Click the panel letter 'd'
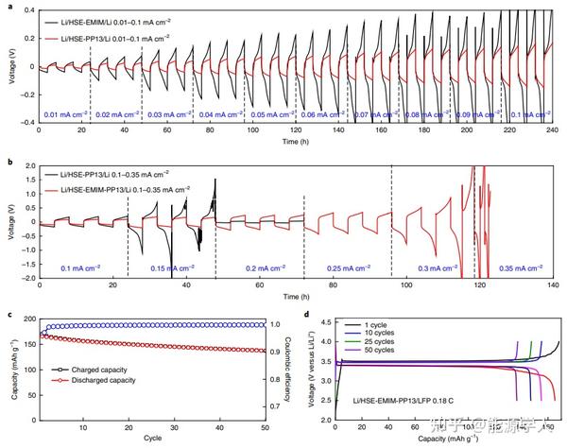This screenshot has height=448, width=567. (305, 314)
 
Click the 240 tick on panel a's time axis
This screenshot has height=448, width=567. (549, 129)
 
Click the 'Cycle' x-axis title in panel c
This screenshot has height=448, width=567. (152, 439)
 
